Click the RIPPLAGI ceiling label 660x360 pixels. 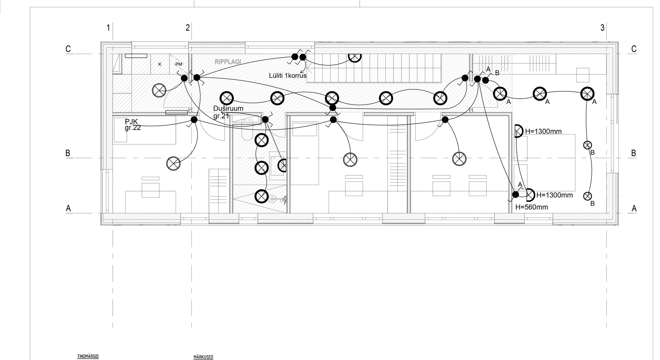228,62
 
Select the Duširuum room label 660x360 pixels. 228,109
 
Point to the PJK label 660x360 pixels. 131,122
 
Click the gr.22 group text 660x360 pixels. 133,128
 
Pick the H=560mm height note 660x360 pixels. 531,207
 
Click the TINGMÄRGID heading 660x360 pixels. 88,357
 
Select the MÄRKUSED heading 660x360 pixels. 203,357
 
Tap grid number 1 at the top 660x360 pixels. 108,28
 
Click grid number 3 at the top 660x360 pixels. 602,28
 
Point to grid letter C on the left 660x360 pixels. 68,49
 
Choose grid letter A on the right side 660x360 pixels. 634,208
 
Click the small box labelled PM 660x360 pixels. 179,64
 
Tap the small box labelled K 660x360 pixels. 159,64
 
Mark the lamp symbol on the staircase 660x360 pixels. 355,56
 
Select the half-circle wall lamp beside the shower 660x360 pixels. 283,166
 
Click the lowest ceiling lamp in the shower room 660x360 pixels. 261,196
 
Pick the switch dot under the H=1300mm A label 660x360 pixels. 515,195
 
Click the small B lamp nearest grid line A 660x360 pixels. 587,196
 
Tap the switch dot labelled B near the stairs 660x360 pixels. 485,80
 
